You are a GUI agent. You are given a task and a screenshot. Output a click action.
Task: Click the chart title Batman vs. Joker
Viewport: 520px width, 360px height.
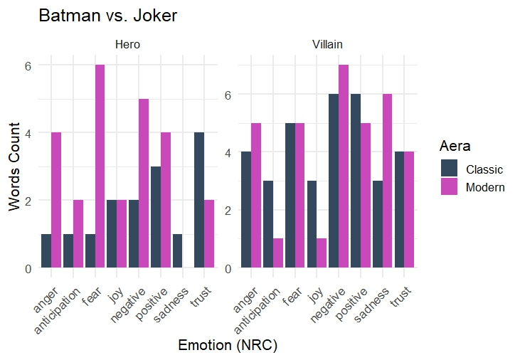(107, 16)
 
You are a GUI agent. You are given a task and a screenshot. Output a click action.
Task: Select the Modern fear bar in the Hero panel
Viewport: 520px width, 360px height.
(100, 166)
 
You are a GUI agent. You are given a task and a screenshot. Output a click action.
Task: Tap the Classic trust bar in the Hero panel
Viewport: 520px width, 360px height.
(199, 201)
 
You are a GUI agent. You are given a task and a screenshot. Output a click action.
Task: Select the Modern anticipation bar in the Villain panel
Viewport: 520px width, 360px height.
(278, 253)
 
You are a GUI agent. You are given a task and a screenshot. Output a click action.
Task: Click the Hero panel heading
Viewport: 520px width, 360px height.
(127, 45)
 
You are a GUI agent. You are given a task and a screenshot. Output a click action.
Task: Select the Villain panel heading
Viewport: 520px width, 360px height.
(327, 45)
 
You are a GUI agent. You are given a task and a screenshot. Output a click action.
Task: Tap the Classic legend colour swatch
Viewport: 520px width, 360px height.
(450, 169)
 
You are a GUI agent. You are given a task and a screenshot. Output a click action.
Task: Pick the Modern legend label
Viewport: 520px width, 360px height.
(485, 187)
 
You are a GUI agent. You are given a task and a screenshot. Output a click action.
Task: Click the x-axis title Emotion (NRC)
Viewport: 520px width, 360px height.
(228, 346)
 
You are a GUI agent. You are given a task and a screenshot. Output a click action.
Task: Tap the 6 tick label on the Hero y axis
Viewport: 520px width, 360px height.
(28, 65)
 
